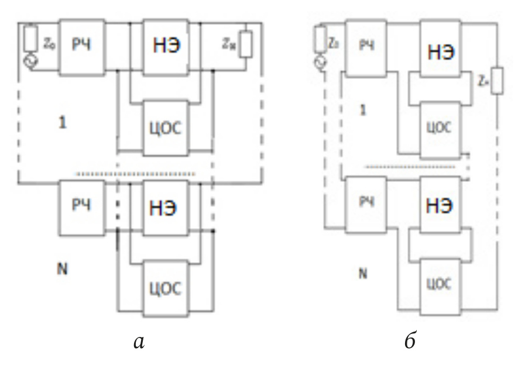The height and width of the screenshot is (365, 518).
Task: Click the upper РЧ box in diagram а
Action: (x=83, y=48)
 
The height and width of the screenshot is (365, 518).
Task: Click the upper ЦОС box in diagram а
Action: (x=166, y=128)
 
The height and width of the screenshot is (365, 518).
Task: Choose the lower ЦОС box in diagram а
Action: (x=166, y=287)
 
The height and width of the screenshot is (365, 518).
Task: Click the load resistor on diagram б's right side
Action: (x=497, y=81)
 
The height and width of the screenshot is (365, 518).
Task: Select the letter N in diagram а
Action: (x=62, y=270)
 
